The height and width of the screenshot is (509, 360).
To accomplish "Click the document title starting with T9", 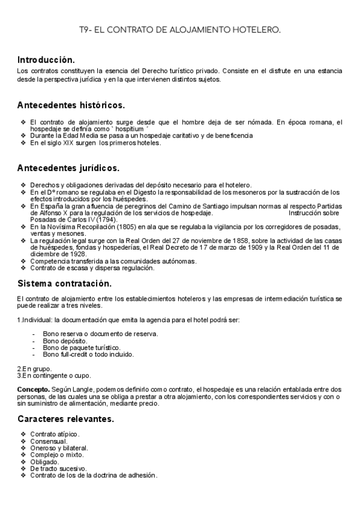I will coord(180,29).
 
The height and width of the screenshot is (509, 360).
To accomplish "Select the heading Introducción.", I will coord(46,60).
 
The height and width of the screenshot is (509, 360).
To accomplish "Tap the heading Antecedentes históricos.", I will coord(71,105).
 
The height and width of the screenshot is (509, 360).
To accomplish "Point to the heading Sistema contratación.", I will coord(64,283).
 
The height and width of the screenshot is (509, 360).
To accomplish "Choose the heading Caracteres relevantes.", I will coord(65,418).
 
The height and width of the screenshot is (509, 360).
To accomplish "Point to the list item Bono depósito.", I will coord(65,340).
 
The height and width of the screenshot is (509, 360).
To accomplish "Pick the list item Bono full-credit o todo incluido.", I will coord(88,354).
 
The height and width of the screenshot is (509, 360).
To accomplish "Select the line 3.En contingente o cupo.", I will coord(54,376).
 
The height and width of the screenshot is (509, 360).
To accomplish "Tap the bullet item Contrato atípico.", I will coord(55,434).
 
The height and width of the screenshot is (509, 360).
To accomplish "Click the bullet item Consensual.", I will coord(49,441).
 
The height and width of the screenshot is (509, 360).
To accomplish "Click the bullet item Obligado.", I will coord(44,462).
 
